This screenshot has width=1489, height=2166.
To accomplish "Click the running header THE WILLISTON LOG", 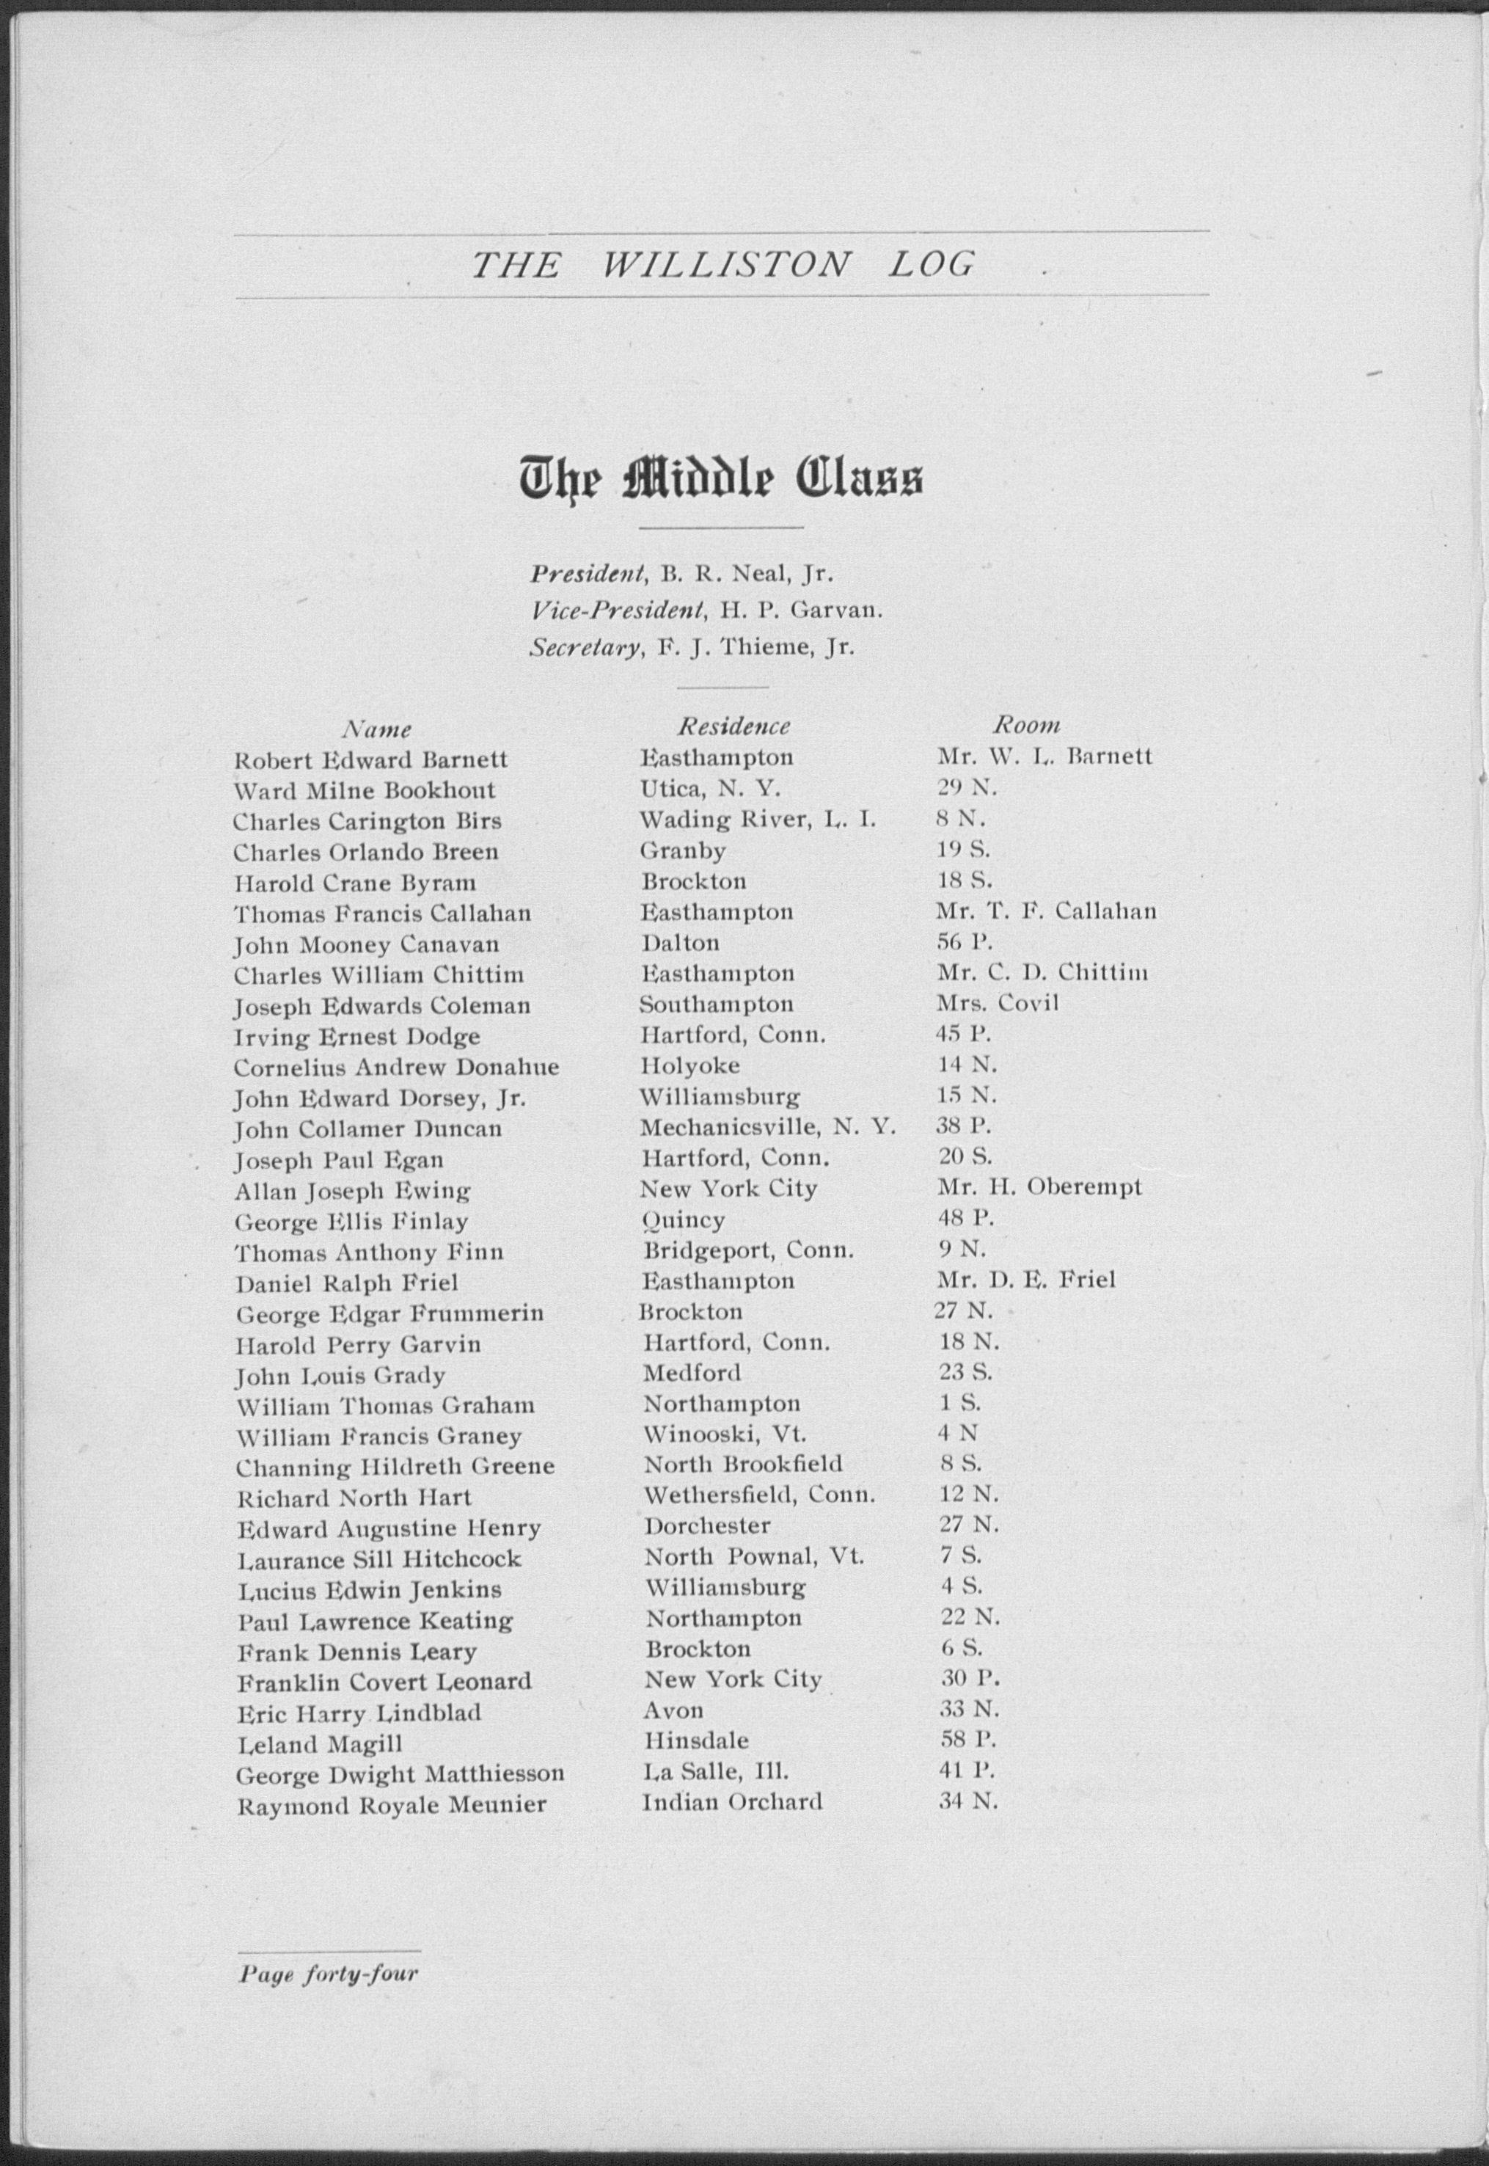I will (722, 265).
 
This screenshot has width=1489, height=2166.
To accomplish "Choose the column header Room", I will (1026, 724).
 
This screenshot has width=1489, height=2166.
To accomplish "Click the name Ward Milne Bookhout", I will (364, 790).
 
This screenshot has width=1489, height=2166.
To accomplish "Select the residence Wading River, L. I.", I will (758, 820).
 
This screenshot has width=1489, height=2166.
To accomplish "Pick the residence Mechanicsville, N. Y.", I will (768, 1127).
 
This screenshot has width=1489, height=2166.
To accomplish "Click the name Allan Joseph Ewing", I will (353, 1191).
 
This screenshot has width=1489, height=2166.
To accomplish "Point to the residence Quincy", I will (683, 1219).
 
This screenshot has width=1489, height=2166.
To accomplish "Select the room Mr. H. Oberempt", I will (1039, 1187).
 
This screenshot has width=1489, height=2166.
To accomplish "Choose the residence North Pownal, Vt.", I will (754, 1556).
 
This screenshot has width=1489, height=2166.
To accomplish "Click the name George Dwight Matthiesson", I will (400, 1774).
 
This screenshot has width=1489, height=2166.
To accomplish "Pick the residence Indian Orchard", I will (732, 1801).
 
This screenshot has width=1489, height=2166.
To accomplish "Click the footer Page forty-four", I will (329, 1947).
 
